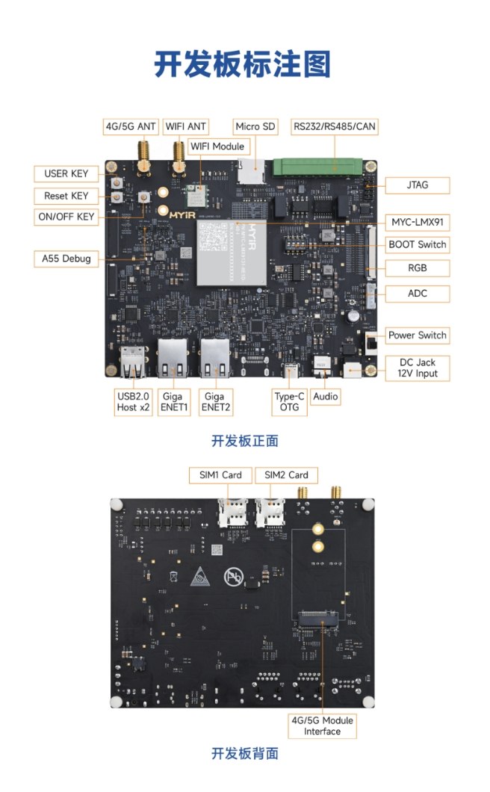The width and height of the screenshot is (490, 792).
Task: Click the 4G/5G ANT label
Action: tap(131, 126)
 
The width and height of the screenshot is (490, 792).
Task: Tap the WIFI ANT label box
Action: tap(186, 126)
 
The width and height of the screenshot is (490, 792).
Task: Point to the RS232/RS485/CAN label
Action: tap(334, 126)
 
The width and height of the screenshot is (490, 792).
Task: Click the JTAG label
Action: tap(418, 185)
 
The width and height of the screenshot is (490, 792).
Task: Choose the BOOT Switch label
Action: tap(418, 244)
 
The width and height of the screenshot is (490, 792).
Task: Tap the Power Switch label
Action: tap(418, 335)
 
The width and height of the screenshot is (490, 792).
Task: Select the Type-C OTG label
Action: tap(289, 402)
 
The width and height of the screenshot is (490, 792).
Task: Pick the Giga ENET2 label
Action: tap(214, 402)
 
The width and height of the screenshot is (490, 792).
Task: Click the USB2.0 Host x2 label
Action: tap(134, 402)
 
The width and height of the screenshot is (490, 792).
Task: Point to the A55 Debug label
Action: tap(66, 259)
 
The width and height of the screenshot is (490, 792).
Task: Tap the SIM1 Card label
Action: tap(220, 474)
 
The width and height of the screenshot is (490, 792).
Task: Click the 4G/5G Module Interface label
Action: tap(322, 726)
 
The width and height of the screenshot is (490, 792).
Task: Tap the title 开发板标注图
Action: tap(243, 64)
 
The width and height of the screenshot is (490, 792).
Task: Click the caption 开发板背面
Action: tap(244, 753)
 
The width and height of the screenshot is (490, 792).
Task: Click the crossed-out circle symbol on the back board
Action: tap(232, 577)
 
